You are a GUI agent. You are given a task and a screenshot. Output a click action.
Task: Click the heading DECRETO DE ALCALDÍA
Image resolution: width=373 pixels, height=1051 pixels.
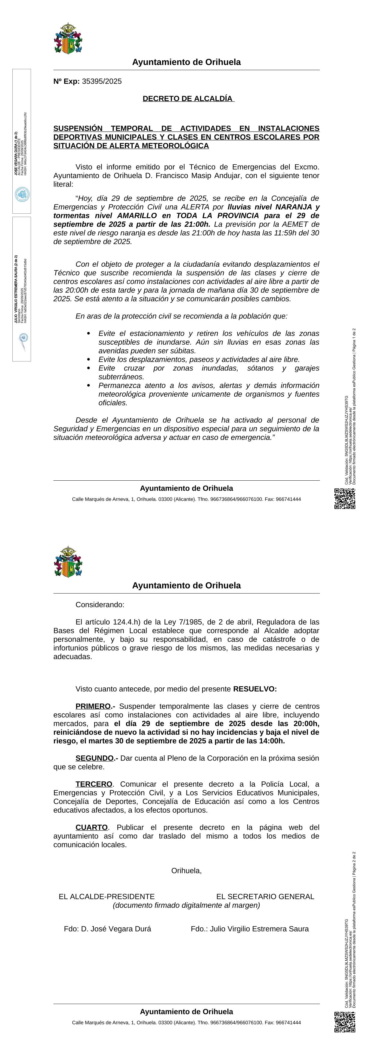[188, 99]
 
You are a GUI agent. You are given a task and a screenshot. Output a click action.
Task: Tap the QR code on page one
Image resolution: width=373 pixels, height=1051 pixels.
[344, 499]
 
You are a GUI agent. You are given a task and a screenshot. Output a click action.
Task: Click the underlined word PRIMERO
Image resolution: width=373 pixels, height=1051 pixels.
[93, 706]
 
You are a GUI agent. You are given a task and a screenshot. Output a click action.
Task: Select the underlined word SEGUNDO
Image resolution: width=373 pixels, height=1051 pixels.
[94, 758]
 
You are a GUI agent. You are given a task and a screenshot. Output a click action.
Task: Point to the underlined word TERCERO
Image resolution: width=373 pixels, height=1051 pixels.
[93, 784]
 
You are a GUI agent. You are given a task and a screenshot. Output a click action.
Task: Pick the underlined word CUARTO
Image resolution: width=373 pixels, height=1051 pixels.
[91, 827]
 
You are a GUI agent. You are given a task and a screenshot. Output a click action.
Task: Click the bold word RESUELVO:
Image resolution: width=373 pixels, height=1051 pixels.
[255, 689]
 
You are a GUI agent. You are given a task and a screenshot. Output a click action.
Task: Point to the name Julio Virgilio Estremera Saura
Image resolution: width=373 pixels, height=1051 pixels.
[259, 929]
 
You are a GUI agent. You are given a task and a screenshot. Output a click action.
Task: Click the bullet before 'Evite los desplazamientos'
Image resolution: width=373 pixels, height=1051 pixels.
[88, 359]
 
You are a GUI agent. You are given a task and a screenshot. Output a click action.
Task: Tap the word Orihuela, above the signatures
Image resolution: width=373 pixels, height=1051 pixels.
[186, 871]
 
